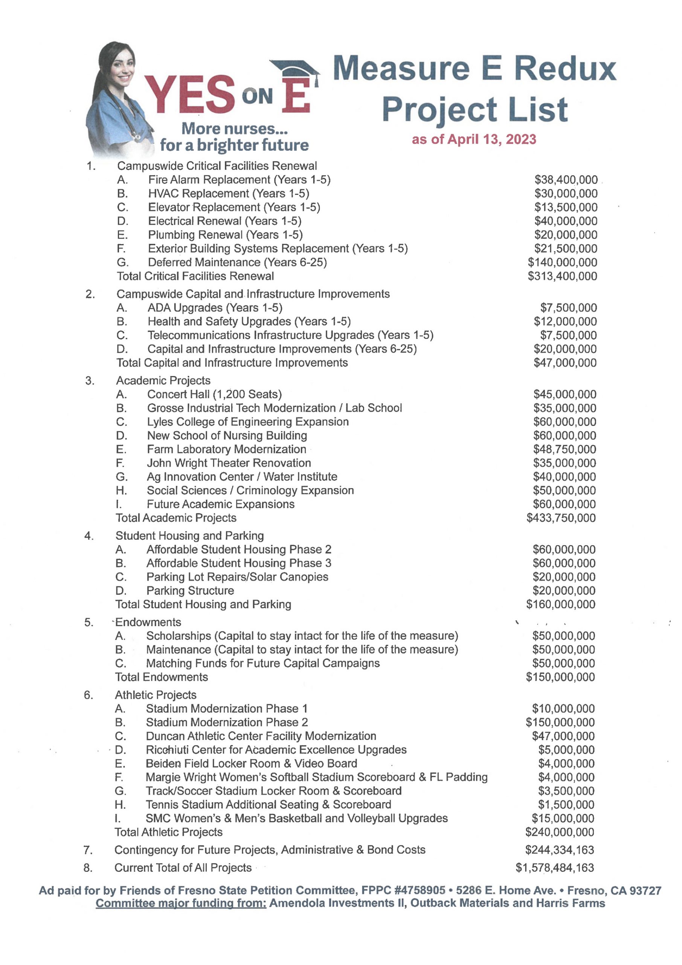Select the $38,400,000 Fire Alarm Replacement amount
click(566, 180)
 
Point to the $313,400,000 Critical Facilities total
click(562, 276)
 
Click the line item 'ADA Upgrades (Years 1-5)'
click(215, 308)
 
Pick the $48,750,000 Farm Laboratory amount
click(565, 449)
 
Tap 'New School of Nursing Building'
click(227, 435)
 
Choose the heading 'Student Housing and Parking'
click(189, 536)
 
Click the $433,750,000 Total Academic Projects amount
click(561, 518)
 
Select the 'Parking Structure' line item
click(190, 591)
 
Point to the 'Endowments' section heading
click(148, 622)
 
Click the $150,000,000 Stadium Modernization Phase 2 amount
click(560, 722)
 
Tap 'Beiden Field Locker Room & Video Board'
click(251, 763)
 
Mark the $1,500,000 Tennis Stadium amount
click(566, 804)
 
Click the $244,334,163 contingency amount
click(559, 850)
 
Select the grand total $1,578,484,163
click(555, 867)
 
